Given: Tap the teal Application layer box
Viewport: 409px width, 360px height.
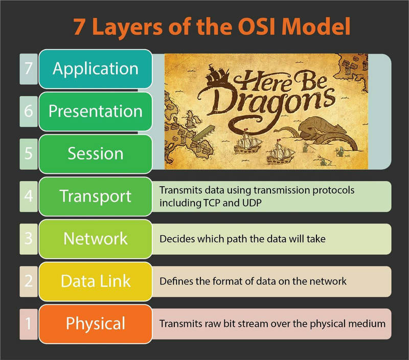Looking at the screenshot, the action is point(96,69).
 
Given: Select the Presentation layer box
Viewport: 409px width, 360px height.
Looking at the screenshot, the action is point(96,111).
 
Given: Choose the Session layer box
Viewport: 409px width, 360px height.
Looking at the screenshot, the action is point(96,154).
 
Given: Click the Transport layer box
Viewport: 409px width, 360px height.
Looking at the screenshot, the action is point(96,196).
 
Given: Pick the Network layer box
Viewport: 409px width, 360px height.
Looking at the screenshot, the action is point(96,239).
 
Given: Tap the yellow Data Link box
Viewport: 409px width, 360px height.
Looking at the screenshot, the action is point(96,281).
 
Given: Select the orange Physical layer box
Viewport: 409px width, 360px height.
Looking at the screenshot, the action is point(96,324).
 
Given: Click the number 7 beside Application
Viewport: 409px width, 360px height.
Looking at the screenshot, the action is point(29,69).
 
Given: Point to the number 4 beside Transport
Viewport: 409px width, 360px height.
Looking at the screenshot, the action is point(29,196).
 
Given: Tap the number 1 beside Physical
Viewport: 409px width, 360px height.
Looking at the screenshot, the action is point(29,324).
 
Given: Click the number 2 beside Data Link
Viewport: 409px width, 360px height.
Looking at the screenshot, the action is point(29,281).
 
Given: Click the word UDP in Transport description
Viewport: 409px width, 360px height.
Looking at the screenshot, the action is point(252,203).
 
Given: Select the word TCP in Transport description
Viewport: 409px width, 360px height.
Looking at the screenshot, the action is point(211,203).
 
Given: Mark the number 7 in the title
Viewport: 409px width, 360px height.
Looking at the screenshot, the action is point(79,27).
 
